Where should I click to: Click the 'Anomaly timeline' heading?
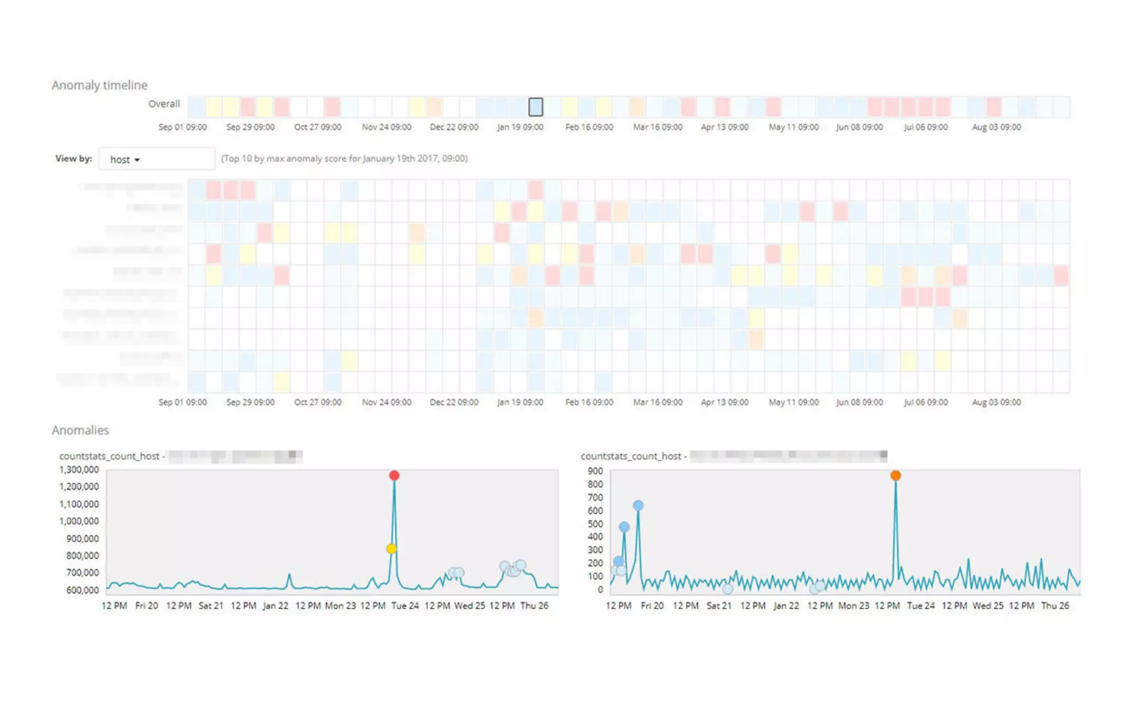coord(100,85)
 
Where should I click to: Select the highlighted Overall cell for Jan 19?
coord(535,107)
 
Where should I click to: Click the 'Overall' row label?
coord(164,104)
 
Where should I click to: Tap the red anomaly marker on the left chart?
coord(394,475)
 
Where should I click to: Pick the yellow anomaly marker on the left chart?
coord(391,549)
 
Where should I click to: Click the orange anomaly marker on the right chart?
coord(895,475)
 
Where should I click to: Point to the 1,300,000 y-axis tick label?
coord(79,470)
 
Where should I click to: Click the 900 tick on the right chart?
coord(595,471)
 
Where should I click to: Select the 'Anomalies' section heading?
coord(80,430)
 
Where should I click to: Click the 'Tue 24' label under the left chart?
coord(405,606)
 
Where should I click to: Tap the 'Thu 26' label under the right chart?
coord(1055,606)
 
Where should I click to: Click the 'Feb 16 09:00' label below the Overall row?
coord(589,127)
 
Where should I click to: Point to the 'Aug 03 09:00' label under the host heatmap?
coord(996,403)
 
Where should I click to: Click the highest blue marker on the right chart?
coord(638,505)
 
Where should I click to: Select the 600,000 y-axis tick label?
coord(83,590)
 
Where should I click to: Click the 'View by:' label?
coord(74,158)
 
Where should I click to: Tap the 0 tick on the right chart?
coord(600,590)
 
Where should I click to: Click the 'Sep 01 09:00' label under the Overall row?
coord(183,127)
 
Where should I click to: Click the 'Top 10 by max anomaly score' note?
coord(344,158)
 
